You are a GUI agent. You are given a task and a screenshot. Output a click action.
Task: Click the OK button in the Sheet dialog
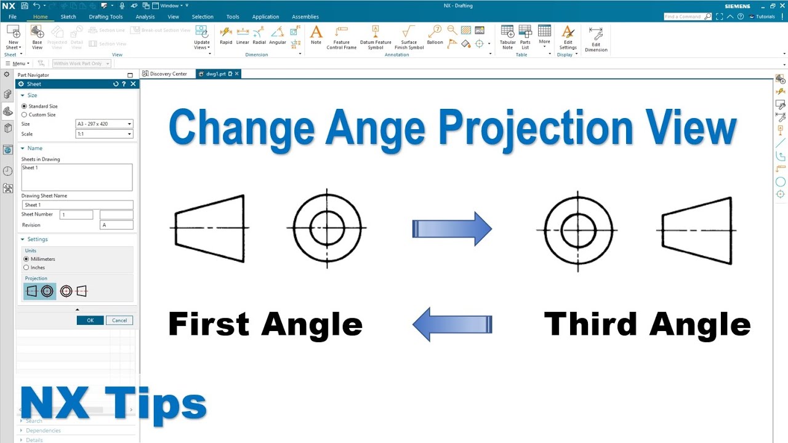[x=90, y=320]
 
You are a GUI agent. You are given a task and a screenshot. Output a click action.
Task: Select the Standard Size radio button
[x=25, y=106]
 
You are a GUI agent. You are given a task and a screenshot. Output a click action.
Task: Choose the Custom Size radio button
[x=25, y=115]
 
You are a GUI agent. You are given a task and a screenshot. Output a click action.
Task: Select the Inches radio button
[x=26, y=268]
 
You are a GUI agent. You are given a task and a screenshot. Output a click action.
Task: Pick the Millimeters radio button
[x=26, y=259]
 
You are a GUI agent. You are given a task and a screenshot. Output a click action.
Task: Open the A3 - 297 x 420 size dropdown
[x=103, y=124]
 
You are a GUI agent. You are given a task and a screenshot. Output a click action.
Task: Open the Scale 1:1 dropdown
[x=103, y=134]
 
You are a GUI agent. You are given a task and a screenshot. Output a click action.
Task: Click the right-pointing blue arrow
[x=452, y=229]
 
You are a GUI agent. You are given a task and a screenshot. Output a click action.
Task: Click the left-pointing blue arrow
[x=452, y=324]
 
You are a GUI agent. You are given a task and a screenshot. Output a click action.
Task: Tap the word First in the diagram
[x=207, y=324]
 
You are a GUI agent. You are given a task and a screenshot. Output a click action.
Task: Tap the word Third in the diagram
[x=590, y=324]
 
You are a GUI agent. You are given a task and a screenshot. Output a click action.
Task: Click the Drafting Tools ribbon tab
[x=106, y=17]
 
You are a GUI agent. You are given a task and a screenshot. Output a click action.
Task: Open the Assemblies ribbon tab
[x=305, y=17]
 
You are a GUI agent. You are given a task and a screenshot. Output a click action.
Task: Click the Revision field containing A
[x=116, y=225]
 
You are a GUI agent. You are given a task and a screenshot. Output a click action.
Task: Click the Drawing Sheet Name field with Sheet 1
[x=77, y=205]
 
